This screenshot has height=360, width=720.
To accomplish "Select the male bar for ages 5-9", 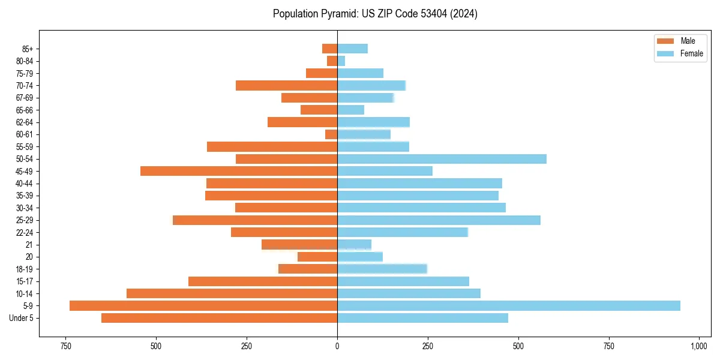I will (203, 305).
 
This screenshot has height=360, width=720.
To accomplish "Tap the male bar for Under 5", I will (219, 318).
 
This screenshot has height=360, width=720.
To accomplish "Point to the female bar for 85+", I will (352, 49).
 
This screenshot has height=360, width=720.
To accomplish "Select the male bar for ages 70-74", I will (286, 85).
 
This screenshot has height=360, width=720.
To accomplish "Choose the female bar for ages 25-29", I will (439, 220).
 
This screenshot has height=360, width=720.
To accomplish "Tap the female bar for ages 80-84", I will (341, 61).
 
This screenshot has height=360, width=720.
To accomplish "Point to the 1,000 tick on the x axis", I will (699, 346).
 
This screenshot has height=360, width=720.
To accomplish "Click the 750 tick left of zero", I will (66, 346).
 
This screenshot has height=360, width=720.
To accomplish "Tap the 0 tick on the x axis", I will (337, 346).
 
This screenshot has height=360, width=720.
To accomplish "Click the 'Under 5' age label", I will (22, 318).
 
